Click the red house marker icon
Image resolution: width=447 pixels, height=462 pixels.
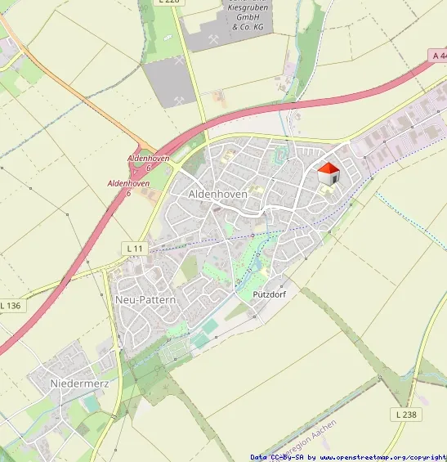(328, 174)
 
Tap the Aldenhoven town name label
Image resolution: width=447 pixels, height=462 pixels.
(217, 194)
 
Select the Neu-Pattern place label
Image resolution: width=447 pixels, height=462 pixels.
(145, 300)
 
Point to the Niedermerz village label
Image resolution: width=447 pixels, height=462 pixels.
(79, 383)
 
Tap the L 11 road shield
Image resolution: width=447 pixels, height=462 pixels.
(135, 247)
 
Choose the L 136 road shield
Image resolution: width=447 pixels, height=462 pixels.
(11, 305)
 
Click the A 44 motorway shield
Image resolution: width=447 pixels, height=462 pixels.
(438, 56)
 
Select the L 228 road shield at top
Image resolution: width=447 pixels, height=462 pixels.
(168, 2)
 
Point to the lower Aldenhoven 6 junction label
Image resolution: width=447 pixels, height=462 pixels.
(128, 187)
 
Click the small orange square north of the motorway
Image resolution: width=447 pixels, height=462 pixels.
(218, 96)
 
